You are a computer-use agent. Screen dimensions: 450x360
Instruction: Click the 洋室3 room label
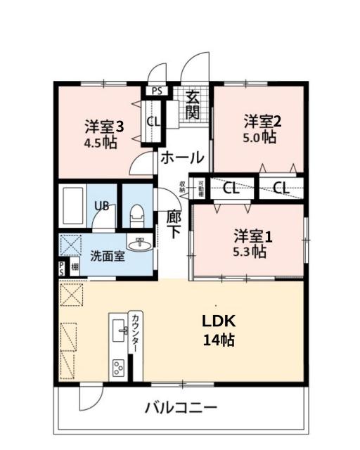tap(105, 127)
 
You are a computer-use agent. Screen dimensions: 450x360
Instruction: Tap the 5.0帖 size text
tap(259, 137)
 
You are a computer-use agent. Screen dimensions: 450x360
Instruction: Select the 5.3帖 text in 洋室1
tap(249, 250)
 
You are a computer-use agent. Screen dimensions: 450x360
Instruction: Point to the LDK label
tap(219, 321)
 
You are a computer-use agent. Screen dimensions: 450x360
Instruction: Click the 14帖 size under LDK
tap(219, 341)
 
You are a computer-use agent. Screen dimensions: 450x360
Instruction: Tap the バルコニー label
tap(181, 408)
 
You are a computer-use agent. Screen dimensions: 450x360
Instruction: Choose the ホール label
tap(182, 157)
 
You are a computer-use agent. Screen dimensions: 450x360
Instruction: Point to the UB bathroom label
tap(102, 207)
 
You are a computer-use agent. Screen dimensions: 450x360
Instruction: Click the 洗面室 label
tap(107, 256)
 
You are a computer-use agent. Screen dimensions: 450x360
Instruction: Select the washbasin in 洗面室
tap(142, 245)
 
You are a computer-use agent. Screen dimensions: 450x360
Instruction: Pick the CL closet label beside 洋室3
tap(153, 120)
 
